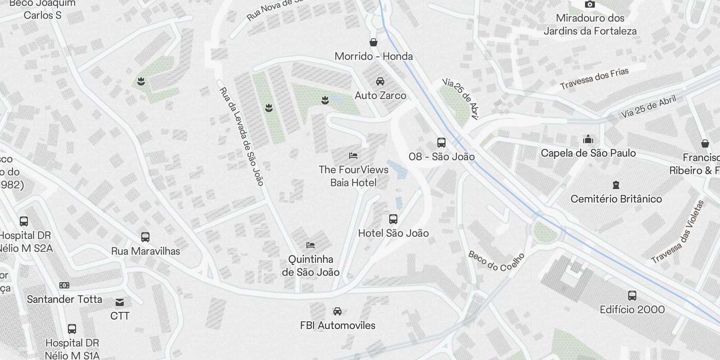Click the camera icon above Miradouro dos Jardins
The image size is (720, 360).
pos(589,4)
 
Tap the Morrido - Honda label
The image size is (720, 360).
pos(373,56)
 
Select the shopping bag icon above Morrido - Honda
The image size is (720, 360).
pos(373,43)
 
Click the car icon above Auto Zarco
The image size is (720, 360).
pos(380,81)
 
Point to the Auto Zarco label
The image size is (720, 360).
pos(380,95)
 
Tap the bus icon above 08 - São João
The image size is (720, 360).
pos(441,143)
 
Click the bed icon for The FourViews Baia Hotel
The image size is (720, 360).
pos(353,156)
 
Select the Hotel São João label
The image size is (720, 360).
pos(393,233)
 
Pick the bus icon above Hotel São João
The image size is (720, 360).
pos(393,219)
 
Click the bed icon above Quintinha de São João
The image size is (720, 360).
pos(310,245)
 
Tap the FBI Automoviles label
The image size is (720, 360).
pos(337,325)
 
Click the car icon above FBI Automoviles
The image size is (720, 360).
pos(337,311)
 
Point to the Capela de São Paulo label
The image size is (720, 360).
pos(588,153)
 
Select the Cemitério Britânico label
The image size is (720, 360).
pos(616,199)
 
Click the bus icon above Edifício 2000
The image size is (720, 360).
pos(632,296)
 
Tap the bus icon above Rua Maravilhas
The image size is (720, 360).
pos(145,237)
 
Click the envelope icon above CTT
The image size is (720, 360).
pos(120,302)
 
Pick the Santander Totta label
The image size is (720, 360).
pos(64,299)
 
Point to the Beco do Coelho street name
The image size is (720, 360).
pos(496,261)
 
